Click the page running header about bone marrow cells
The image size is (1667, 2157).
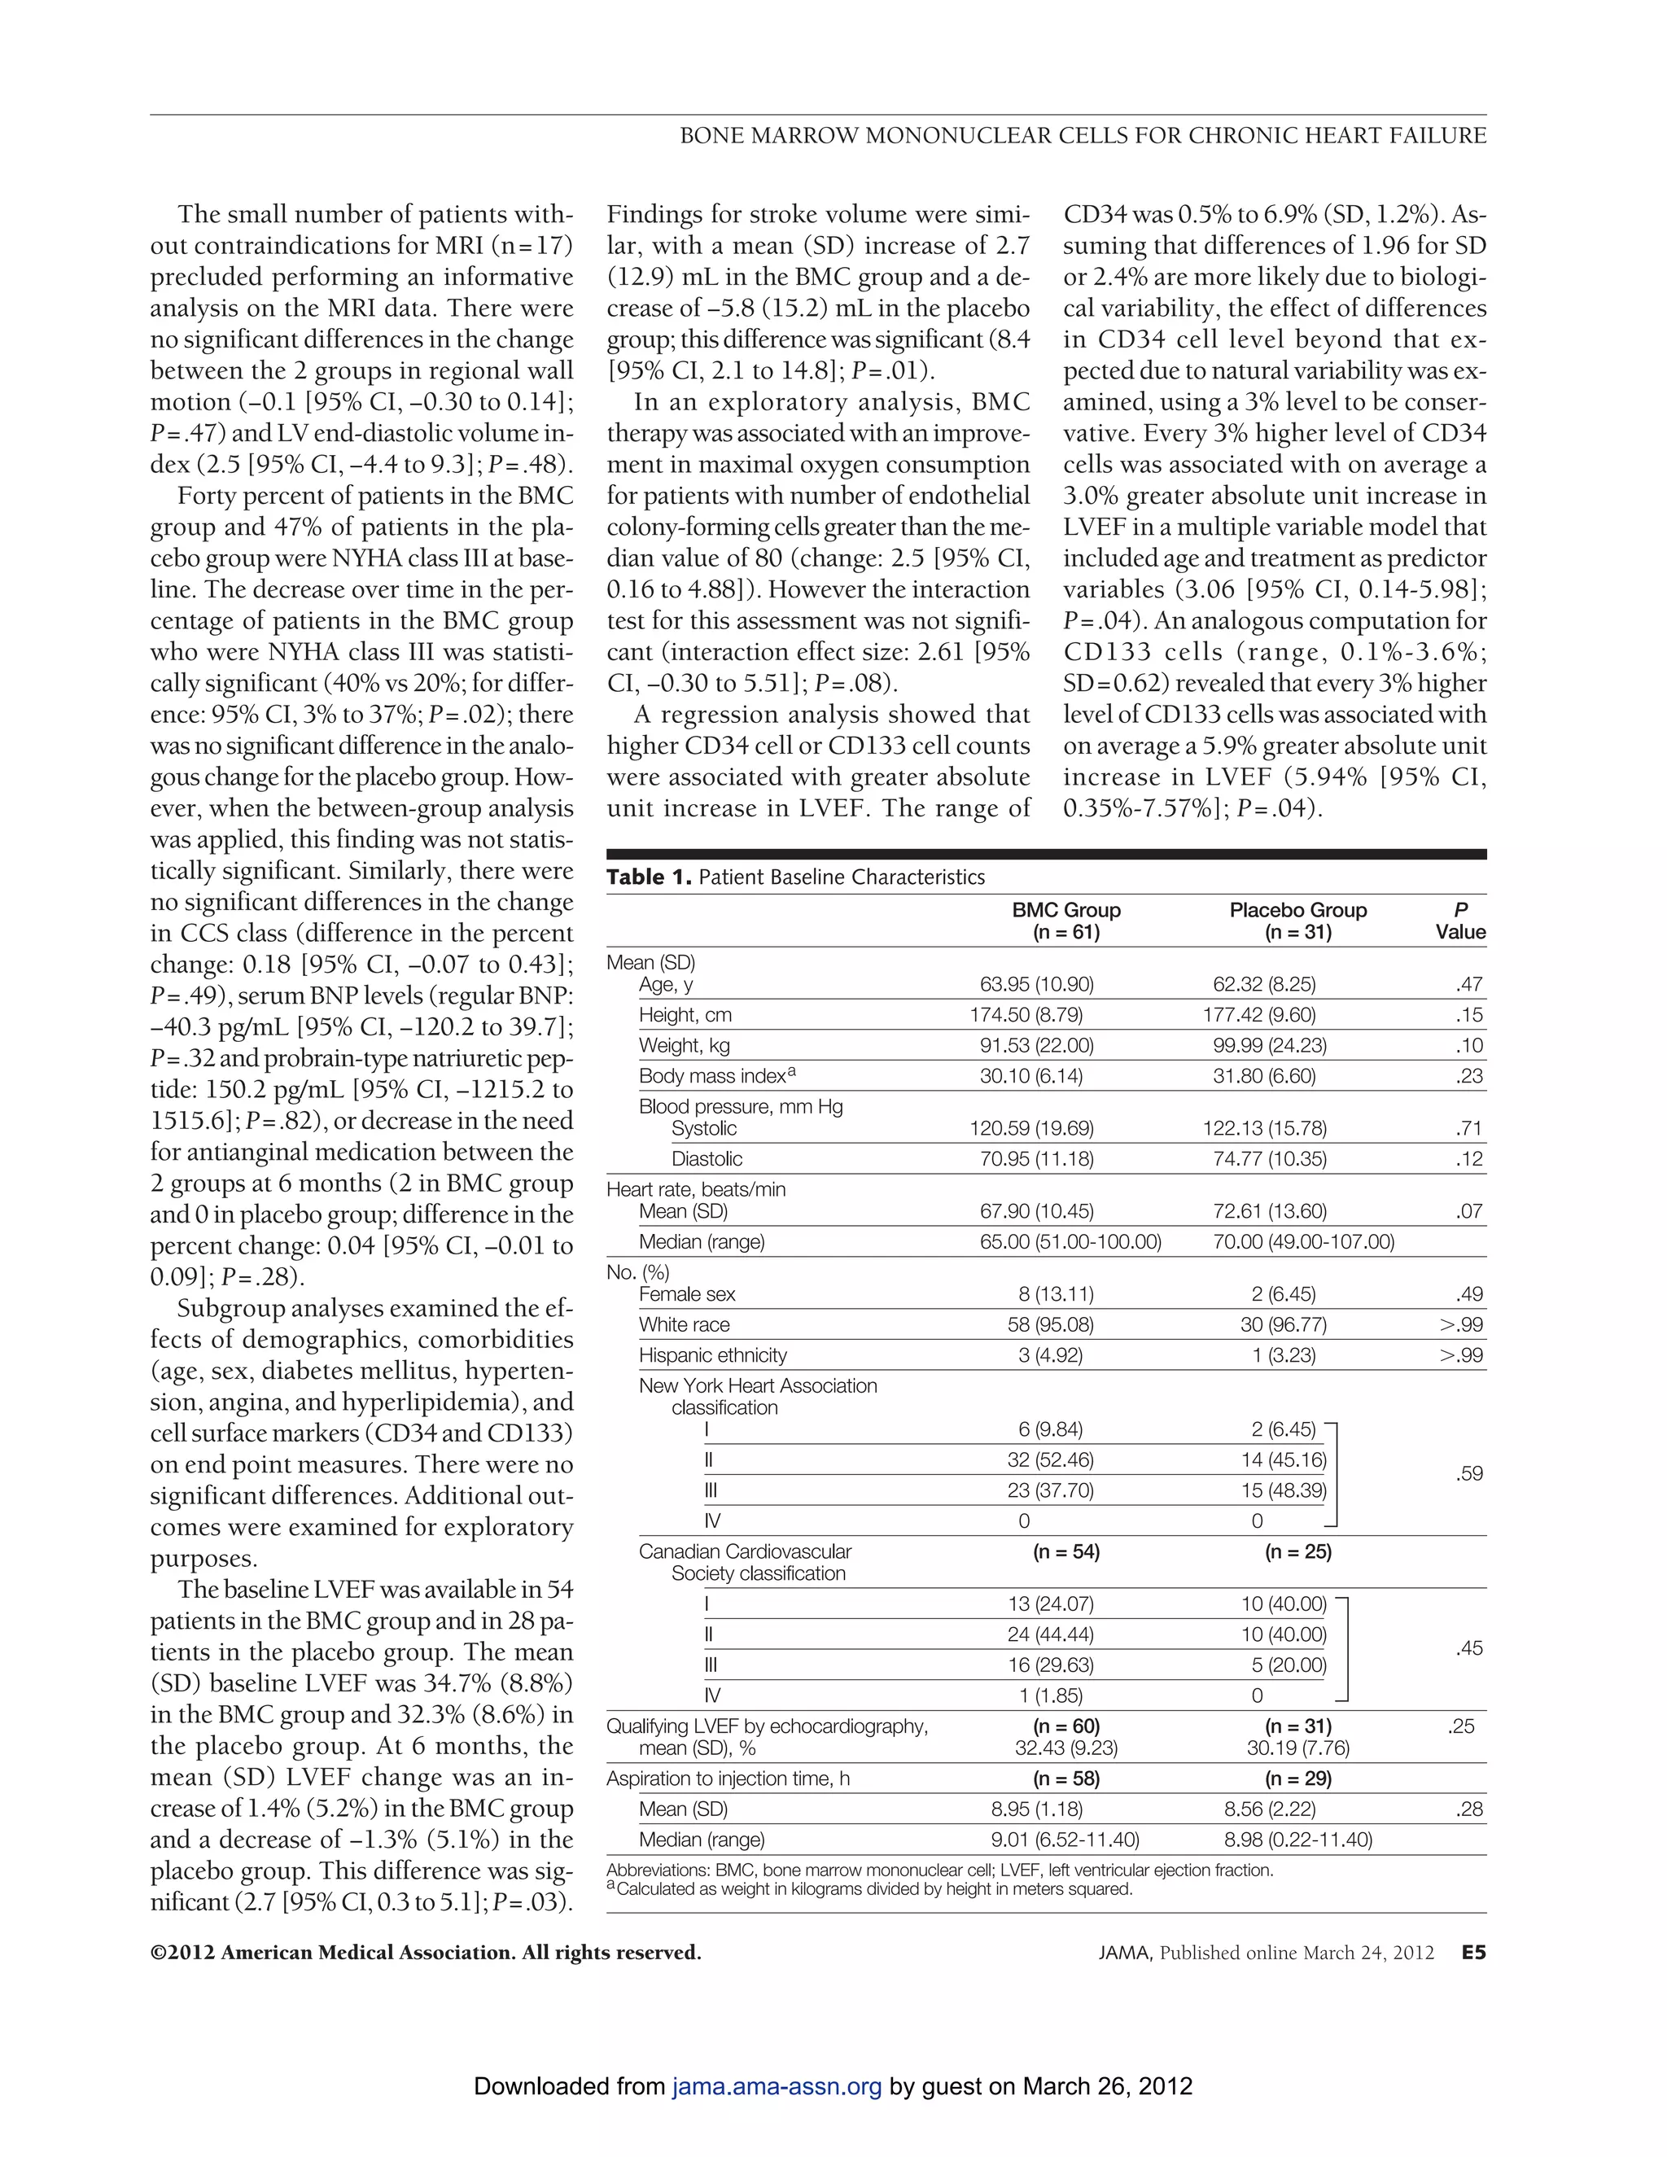tap(1083, 135)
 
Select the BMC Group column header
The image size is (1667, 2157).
tap(1065, 921)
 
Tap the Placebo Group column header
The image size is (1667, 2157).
tap(1297, 921)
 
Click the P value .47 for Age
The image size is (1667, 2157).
tap(1468, 985)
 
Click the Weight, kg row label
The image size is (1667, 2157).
tap(685, 1046)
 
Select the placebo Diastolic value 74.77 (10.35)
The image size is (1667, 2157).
tap(1270, 1159)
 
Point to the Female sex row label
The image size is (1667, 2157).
tap(687, 1295)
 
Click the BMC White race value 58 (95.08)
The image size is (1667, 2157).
tap(1050, 1325)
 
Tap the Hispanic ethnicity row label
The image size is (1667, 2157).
tap(713, 1356)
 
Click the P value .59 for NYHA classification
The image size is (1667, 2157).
tap(1468, 1475)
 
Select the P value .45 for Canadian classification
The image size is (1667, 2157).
tap(1468, 1648)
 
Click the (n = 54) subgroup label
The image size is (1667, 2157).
tap(1065, 1552)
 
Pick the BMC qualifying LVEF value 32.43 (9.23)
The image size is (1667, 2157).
tap(1065, 1748)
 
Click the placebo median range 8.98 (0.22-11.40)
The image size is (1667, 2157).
tap(1297, 1840)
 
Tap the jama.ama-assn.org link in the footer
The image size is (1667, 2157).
tap(777, 2087)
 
